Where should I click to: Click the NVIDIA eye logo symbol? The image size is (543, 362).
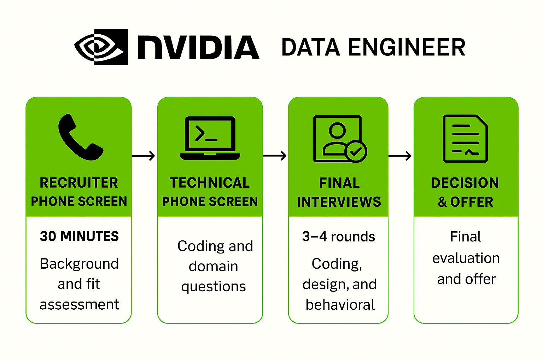[101, 47]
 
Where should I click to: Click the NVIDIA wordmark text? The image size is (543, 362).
[199, 47]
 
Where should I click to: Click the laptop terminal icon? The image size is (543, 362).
[210, 138]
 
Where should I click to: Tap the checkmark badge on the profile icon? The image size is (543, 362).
[356, 151]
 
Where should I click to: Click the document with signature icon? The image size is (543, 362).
[465, 138]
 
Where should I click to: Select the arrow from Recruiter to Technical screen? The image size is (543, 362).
[144, 156]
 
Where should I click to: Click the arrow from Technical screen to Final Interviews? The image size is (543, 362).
[275, 156]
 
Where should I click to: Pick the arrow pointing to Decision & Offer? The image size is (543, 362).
[400, 156]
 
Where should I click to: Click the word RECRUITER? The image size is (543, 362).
[79, 183]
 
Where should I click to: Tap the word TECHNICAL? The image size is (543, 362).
[210, 183]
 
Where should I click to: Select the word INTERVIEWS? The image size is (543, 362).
[339, 202]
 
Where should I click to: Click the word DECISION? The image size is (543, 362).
[465, 183]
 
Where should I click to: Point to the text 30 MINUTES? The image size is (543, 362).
[79, 236]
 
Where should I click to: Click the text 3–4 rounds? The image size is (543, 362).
[338, 237]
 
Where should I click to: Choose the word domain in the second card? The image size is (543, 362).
[213, 266]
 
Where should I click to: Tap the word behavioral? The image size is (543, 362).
[340, 305]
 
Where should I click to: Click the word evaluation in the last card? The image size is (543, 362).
[466, 258]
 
